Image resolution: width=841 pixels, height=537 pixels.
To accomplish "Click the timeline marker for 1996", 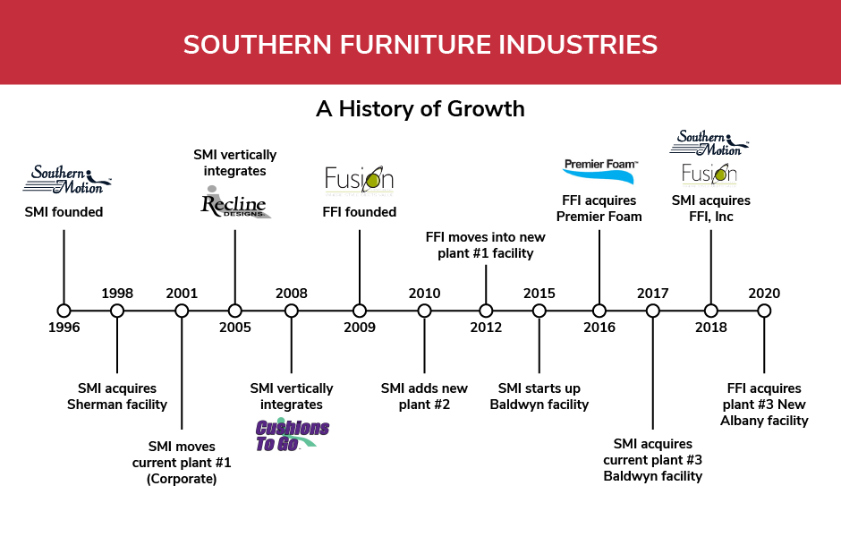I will [64, 311].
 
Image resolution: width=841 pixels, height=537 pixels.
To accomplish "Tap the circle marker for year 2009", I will [360, 311].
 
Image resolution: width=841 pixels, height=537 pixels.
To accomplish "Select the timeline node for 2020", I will [764, 311].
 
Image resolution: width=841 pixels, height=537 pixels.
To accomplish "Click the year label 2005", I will [235, 328].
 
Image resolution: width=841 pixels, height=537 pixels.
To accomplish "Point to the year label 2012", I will [486, 328].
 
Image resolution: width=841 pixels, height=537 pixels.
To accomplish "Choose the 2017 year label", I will [653, 294].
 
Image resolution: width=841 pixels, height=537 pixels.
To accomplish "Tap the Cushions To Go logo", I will [292, 434].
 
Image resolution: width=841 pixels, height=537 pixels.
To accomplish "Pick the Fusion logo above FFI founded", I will [359, 180].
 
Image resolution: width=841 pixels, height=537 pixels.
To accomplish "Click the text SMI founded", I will [64, 213].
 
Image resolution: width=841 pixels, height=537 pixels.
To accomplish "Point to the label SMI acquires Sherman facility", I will [117, 396].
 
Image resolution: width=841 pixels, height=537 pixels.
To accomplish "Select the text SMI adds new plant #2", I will [424, 396].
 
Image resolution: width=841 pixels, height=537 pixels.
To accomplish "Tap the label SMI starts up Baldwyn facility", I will [539, 396].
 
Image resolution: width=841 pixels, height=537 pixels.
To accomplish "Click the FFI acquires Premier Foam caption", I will [599, 209].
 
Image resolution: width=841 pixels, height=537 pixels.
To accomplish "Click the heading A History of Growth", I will [420, 109].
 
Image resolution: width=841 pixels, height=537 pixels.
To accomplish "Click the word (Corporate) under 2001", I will [182, 479].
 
